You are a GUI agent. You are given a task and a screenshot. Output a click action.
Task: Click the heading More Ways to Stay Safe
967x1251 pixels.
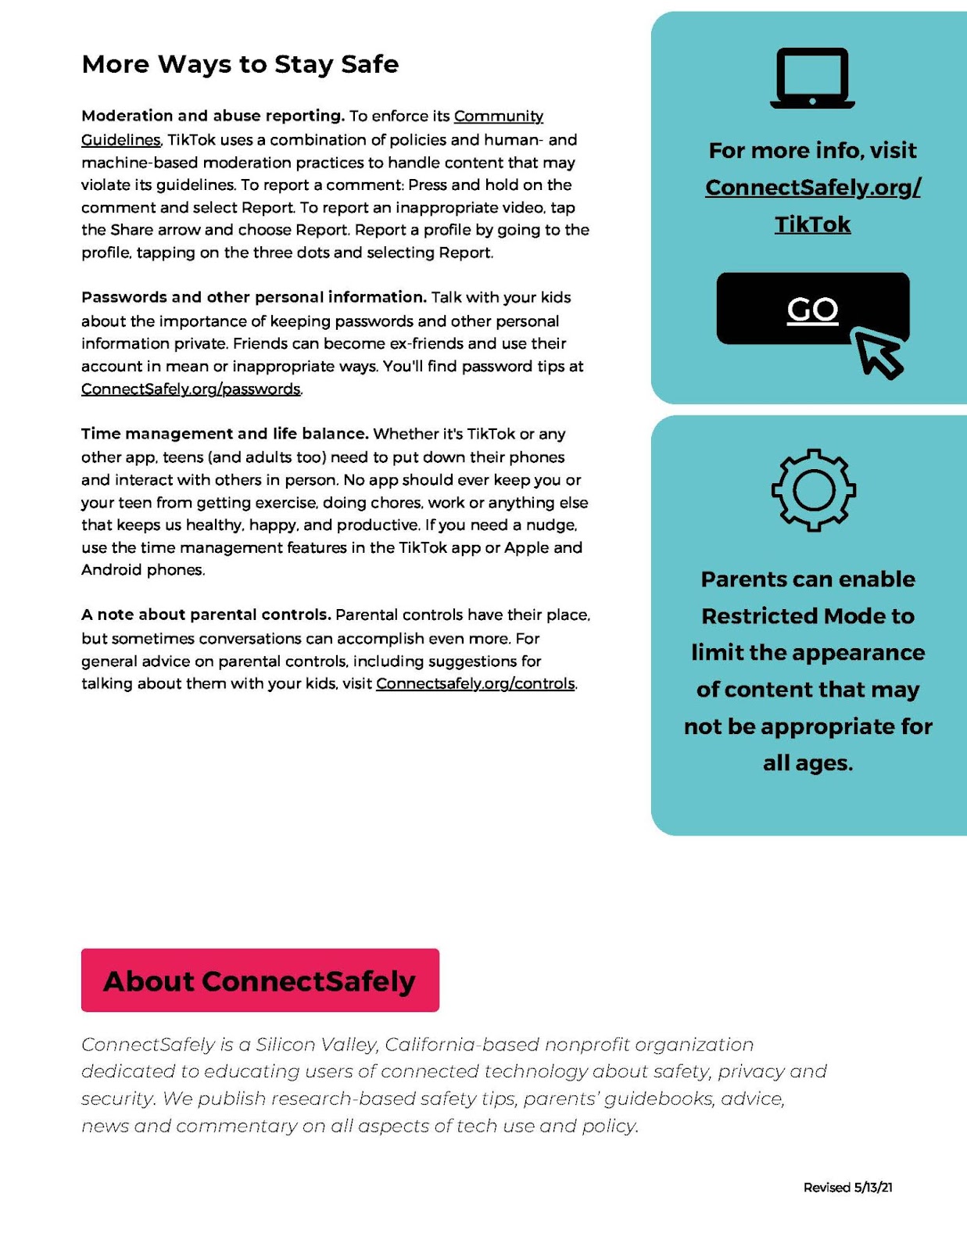pyautogui.click(x=240, y=64)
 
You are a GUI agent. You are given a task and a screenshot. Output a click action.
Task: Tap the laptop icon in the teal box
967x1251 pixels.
pyautogui.click(x=812, y=78)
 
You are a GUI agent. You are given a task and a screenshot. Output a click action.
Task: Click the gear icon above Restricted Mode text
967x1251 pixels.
pyautogui.click(x=813, y=490)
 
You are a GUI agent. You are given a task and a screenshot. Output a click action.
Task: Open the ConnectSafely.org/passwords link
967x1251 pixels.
pyautogui.click(x=191, y=389)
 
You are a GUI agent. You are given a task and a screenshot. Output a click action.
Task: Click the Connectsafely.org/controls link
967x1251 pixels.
pyautogui.click(x=475, y=683)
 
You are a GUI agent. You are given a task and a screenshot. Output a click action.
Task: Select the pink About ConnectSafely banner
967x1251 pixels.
pyautogui.click(x=260, y=980)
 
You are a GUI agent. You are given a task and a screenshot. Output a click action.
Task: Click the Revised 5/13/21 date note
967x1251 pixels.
pyautogui.click(x=847, y=1187)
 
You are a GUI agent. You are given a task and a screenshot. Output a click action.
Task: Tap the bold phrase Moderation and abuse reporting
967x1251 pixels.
pyautogui.click(x=213, y=116)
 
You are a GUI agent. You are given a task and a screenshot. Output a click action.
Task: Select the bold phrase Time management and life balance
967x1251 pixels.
pyautogui.click(x=224, y=434)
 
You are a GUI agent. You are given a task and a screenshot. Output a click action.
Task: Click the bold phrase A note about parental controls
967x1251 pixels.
pyautogui.click(x=206, y=615)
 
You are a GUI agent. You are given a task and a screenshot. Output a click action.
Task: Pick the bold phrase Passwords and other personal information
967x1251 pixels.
pyautogui.click(x=254, y=297)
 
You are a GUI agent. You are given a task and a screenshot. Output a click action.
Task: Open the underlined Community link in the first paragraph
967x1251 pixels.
pyautogui.click(x=498, y=116)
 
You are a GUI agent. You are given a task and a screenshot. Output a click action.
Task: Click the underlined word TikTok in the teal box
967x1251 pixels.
pyautogui.click(x=812, y=224)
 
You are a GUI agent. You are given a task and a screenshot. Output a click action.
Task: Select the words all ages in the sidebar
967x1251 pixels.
pyautogui.click(x=808, y=763)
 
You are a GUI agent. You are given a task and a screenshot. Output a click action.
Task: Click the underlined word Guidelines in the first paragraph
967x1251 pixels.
pyautogui.click(x=121, y=140)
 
